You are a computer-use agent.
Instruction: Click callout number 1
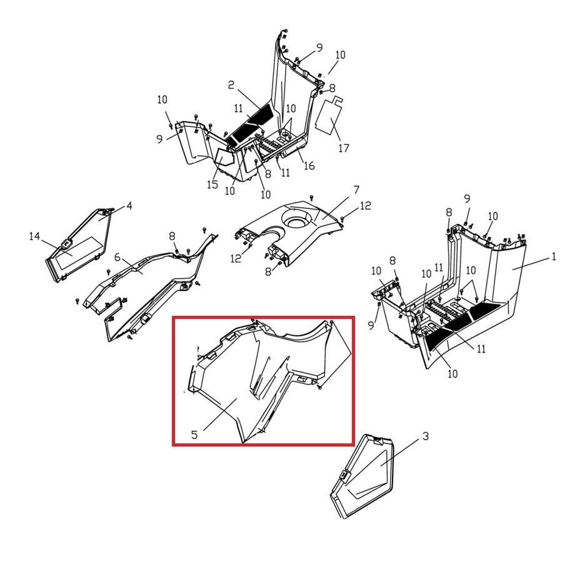pos(553,256)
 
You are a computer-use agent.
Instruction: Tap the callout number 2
pos(231,85)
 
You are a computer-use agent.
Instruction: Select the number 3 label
pos(426,437)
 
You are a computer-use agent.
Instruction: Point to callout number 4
pos(129,206)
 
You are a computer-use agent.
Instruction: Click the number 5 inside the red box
pos(194,435)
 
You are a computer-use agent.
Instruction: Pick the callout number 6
pos(118,258)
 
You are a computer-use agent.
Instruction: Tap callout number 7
pos(356,190)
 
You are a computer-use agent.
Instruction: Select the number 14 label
pos(34,236)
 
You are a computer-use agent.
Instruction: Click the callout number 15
pos(213,184)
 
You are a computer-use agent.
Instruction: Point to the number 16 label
pos(309,166)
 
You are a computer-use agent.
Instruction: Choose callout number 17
pos(343,148)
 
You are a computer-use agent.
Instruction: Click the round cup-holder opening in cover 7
pos(296,219)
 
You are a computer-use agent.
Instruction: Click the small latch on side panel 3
pos(344,475)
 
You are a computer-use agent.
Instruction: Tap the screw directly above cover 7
pos(311,198)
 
